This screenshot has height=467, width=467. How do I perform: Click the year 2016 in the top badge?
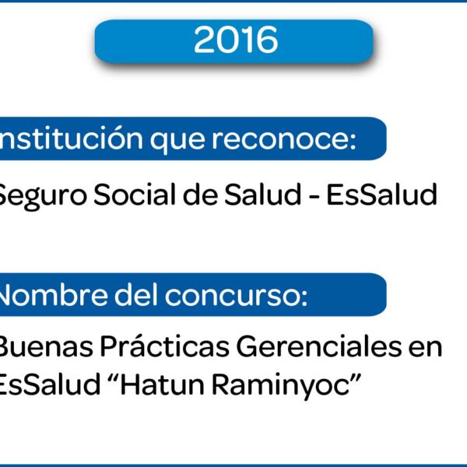(236, 40)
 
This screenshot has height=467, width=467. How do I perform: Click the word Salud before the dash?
(263, 194)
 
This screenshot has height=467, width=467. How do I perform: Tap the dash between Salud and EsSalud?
(314, 197)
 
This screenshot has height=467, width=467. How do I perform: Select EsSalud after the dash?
(382, 194)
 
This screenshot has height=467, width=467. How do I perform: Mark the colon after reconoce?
(353, 140)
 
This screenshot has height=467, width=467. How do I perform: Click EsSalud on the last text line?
(50, 384)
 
